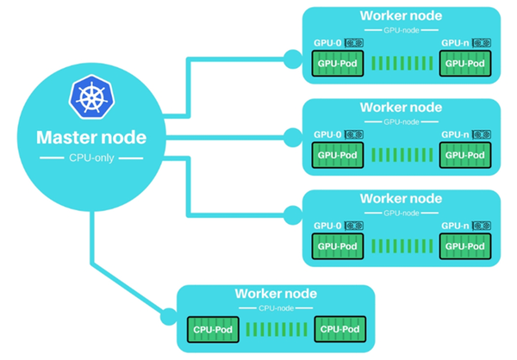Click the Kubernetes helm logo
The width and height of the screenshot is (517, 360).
[x=91, y=97]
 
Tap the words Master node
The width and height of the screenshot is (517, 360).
[x=91, y=138]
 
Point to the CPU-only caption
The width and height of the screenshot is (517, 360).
[x=91, y=158]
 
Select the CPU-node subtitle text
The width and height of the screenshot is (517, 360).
[x=276, y=308]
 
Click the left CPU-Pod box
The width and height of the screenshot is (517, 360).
[x=213, y=329]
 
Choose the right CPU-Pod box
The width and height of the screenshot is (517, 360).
[x=340, y=329]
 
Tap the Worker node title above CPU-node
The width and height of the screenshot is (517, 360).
[x=276, y=294]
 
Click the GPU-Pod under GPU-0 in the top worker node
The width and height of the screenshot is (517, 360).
[x=338, y=63]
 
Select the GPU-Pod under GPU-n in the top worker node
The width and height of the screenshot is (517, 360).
[x=465, y=63]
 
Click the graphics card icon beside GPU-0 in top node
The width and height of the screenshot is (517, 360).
[x=354, y=43]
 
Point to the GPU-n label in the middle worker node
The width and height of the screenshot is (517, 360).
[x=455, y=134]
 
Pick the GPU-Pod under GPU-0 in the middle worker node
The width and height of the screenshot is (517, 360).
[x=338, y=155]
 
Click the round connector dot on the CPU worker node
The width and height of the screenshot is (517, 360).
[x=169, y=317]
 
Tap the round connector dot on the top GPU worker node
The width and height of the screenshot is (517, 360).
[x=293, y=59]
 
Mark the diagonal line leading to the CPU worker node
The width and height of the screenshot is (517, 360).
[x=127, y=288]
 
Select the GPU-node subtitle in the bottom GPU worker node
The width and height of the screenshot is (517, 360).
[x=402, y=214]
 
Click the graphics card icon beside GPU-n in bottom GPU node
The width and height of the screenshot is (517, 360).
[x=482, y=226]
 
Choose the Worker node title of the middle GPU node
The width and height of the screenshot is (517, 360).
[x=401, y=107]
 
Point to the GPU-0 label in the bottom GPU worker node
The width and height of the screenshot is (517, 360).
[x=327, y=226]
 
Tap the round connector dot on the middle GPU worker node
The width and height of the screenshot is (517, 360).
[x=293, y=138]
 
